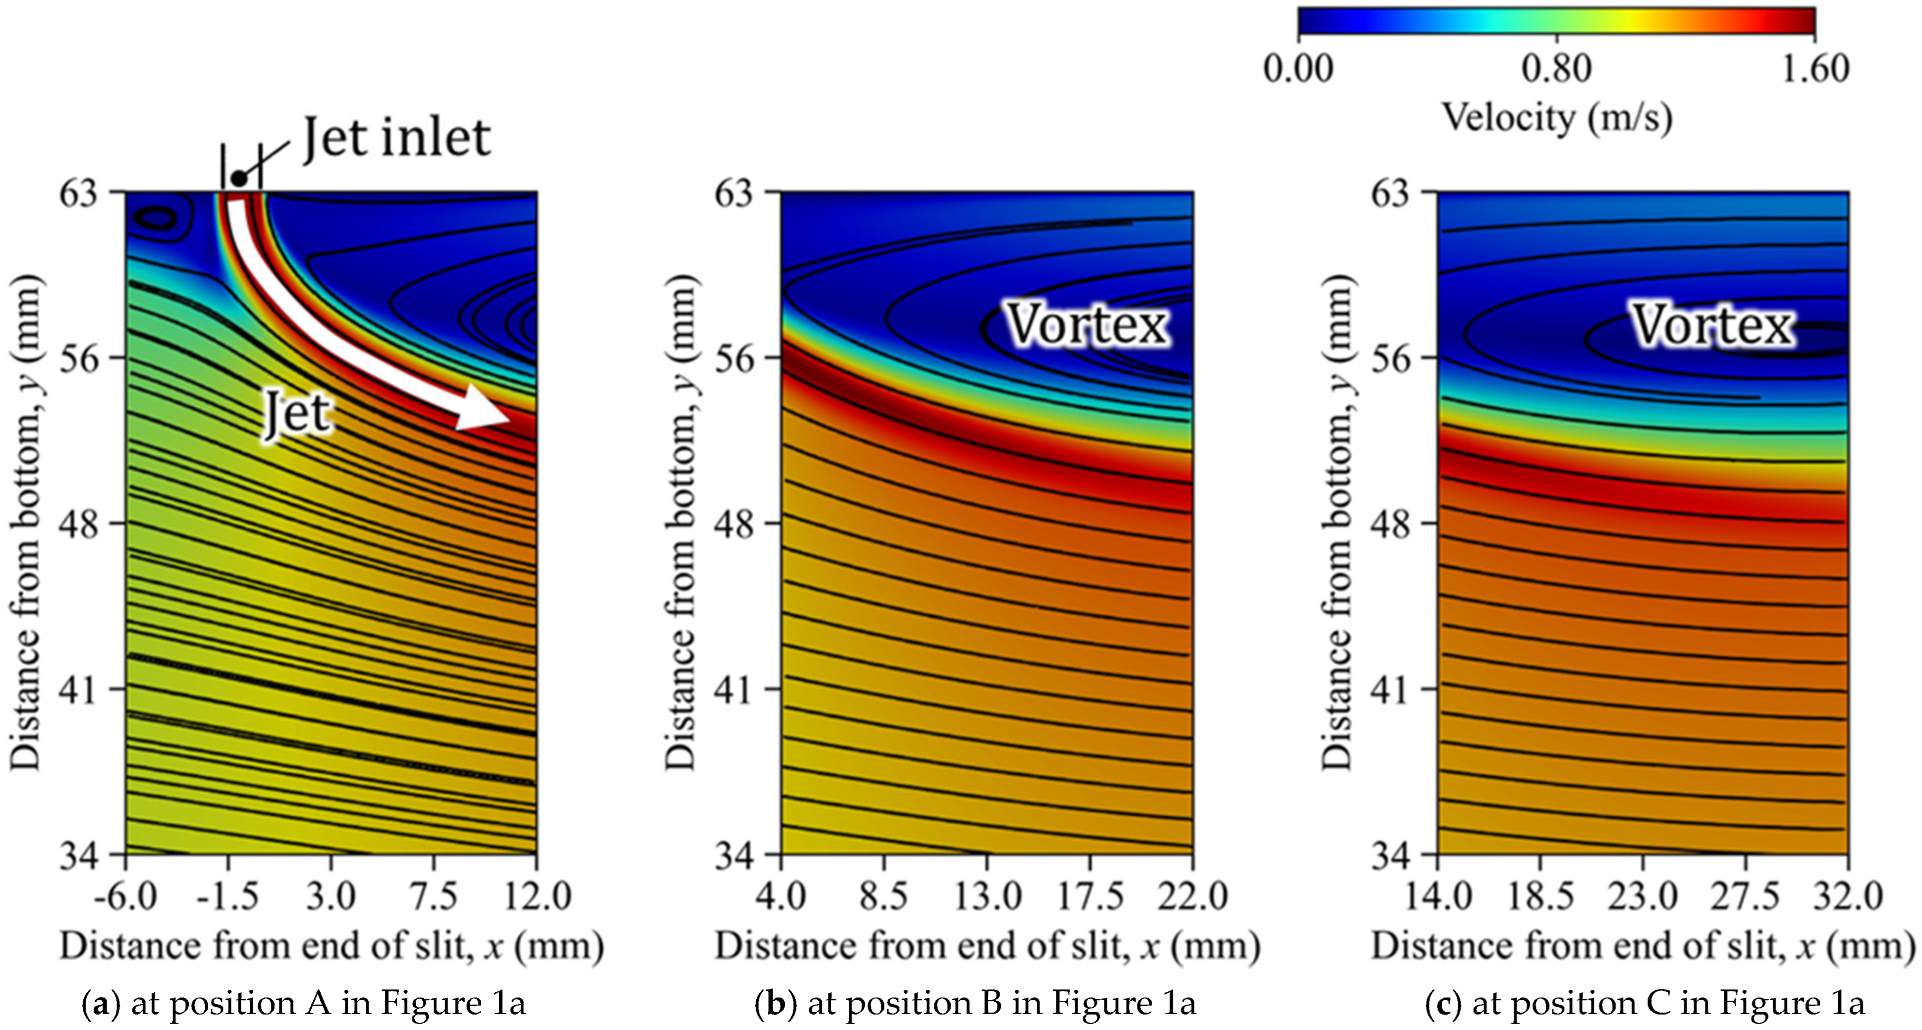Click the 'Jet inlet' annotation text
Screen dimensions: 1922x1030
point(397,138)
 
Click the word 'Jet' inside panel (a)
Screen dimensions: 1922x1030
point(297,415)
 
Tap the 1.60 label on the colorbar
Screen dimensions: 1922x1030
point(1814,68)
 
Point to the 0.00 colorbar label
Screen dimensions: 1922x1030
point(1298,68)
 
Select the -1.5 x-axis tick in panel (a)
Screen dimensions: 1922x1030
point(228,895)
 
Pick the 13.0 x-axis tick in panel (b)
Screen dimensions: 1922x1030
point(988,895)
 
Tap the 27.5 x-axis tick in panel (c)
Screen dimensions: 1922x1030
point(1746,895)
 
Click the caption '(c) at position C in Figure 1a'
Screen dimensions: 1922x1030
point(1644,1003)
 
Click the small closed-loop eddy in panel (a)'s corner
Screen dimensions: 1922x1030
point(158,218)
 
